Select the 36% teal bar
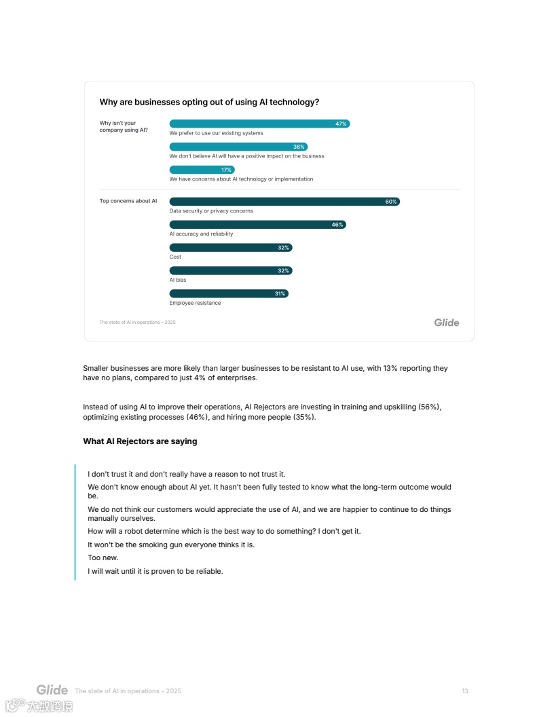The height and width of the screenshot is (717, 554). [x=238, y=147]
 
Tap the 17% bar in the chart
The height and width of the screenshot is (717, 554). [x=202, y=170]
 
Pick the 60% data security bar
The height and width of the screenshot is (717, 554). [x=284, y=202]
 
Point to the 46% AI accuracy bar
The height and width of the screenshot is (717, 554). [x=257, y=225]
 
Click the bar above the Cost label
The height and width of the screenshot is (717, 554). [x=230, y=248]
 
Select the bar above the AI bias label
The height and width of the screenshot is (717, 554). [x=230, y=271]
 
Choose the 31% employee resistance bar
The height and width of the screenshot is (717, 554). [x=228, y=294]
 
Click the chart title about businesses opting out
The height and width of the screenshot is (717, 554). [x=209, y=103]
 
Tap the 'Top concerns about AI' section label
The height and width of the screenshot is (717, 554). [x=128, y=201]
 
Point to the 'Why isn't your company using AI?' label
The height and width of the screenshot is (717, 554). [x=124, y=127]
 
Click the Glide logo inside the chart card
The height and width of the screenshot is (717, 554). [x=446, y=323]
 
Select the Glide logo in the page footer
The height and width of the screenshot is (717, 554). [x=52, y=691]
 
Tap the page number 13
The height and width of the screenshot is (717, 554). [x=465, y=691]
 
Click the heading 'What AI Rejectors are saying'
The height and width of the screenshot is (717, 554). [x=140, y=441]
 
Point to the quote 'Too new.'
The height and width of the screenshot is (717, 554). [x=103, y=557]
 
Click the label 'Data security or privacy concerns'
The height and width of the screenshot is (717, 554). [x=211, y=211]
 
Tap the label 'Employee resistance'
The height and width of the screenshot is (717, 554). [x=195, y=303]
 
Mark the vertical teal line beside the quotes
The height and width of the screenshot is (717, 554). [x=75, y=522]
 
